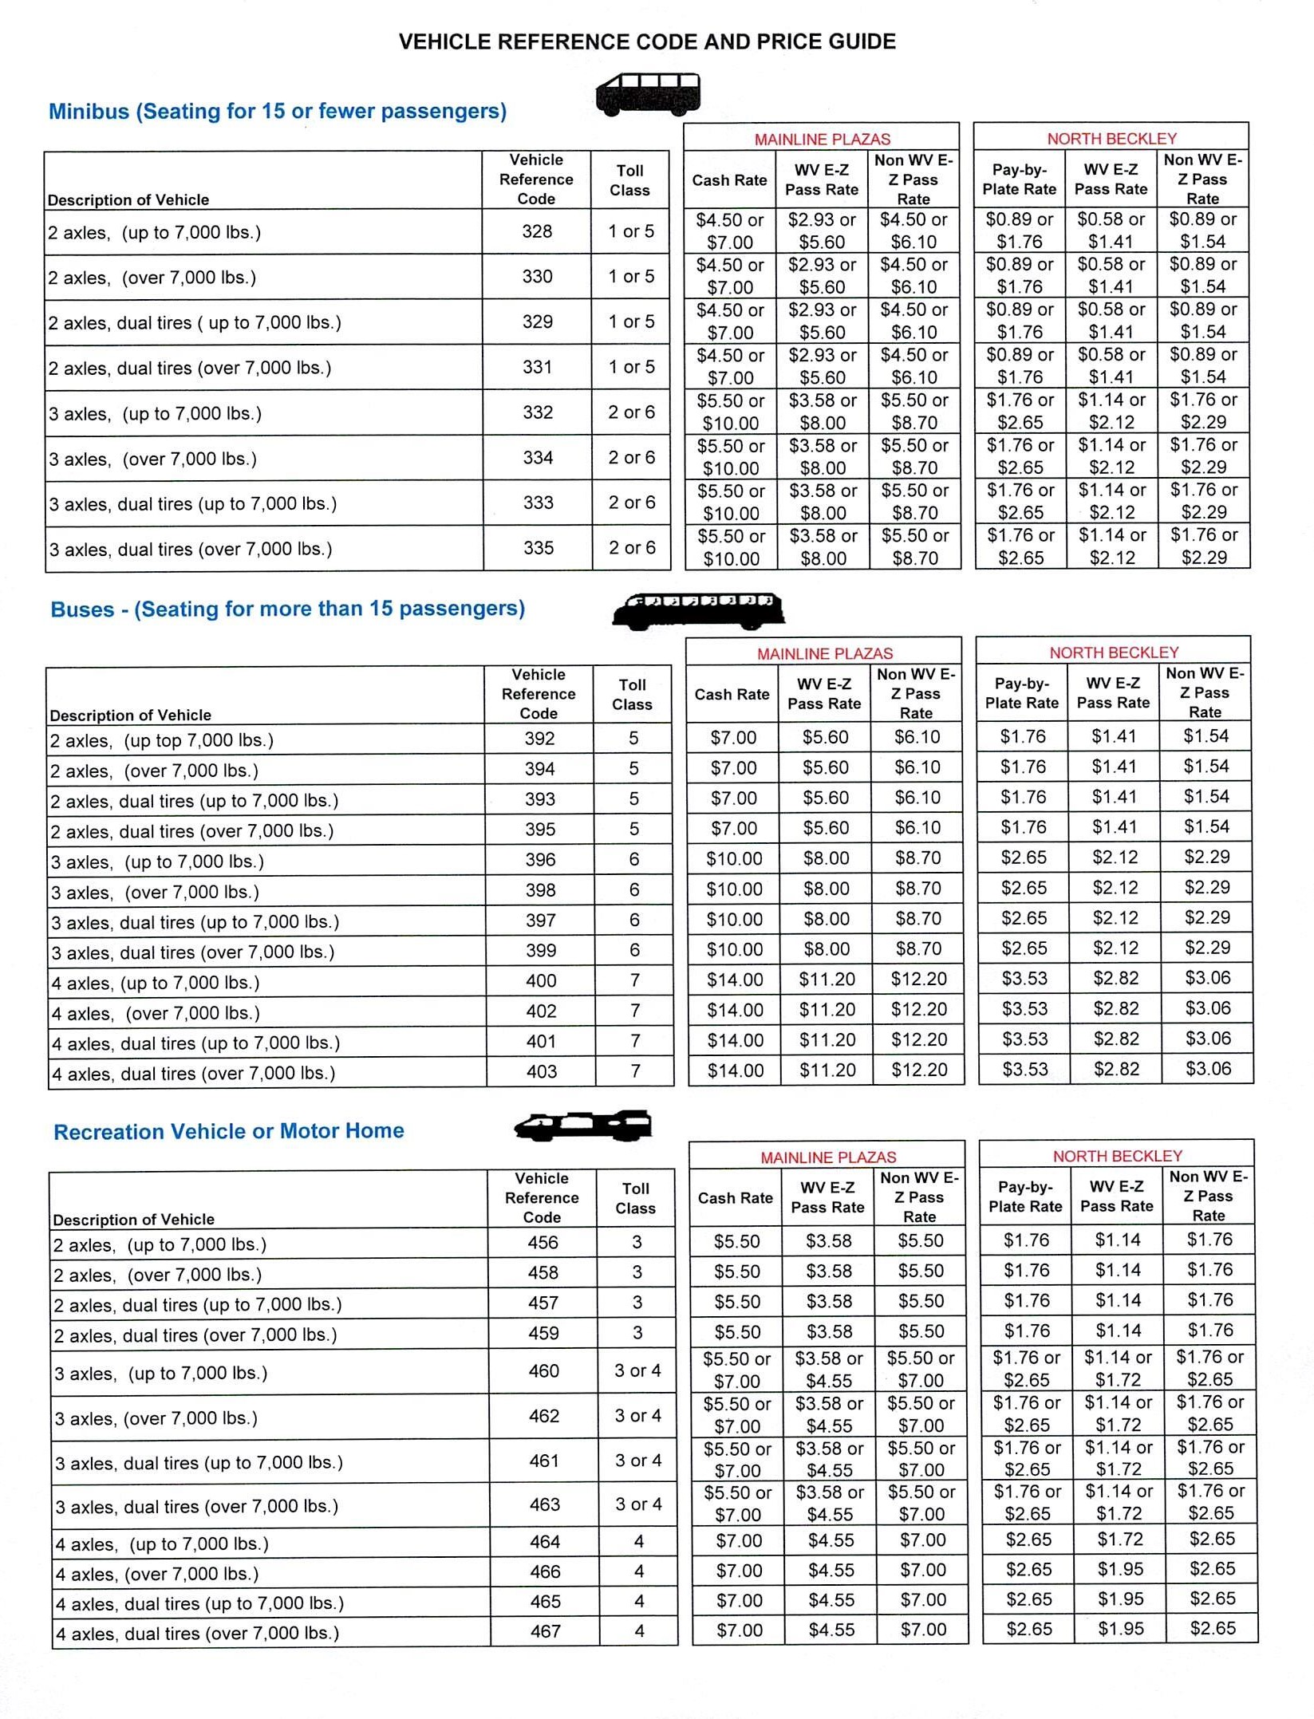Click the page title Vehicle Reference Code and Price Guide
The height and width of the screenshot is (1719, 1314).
[647, 41]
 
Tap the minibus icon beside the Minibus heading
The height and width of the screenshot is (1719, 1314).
[648, 94]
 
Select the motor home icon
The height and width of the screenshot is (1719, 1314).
[583, 1126]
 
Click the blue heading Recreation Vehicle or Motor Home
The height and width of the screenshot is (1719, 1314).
[229, 1131]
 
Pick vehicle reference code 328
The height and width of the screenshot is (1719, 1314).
[537, 231]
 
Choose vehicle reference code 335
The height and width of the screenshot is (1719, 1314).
[539, 548]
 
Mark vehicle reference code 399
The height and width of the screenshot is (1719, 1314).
[541, 951]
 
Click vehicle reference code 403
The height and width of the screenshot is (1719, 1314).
[542, 1072]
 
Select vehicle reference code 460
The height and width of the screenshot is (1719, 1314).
[544, 1371]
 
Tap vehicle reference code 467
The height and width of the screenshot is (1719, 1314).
[546, 1632]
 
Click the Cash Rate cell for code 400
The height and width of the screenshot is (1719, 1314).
[735, 980]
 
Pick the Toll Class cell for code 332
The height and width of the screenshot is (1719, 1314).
[631, 412]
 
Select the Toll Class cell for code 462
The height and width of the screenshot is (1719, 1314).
[638, 1416]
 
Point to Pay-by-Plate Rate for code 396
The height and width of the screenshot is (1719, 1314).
[1024, 858]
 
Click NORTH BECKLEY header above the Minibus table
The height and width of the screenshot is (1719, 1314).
[1111, 139]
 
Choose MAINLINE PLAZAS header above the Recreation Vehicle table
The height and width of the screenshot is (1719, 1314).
[828, 1157]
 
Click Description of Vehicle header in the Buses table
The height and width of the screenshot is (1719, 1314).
[131, 716]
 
